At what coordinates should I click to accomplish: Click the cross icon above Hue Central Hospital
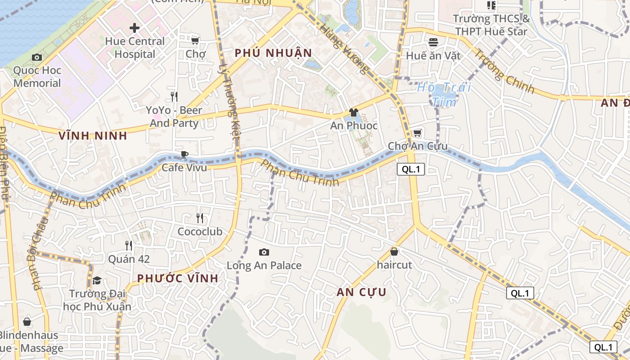pyautogui.click(x=134, y=28)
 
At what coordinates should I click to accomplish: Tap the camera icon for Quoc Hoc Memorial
pyautogui.click(x=37, y=57)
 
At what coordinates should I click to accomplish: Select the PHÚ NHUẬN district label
pyautogui.click(x=273, y=53)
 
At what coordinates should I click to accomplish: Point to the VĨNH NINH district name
pyautogui.click(x=93, y=135)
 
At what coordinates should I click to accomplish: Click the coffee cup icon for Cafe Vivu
pyautogui.click(x=184, y=155)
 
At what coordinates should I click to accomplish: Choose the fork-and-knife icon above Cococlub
pyautogui.click(x=200, y=218)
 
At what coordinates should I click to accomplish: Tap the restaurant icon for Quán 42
pyautogui.click(x=129, y=246)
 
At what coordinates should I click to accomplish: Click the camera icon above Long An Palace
pyautogui.click(x=264, y=252)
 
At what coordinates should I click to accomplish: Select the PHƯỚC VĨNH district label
pyautogui.click(x=178, y=278)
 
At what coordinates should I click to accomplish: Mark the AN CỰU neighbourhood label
pyautogui.click(x=361, y=292)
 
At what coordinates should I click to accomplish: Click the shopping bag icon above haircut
pyautogui.click(x=394, y=252)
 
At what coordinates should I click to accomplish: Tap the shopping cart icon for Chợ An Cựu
pyautogui.click(x=417, y=133)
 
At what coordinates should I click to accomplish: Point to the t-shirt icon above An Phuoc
pyautogui.click(x=354, y=112)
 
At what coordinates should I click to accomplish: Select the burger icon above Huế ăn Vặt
pyautogui.click(x=433, y=42)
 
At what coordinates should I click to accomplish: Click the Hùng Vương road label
pyautogui.click(x=344, y=49)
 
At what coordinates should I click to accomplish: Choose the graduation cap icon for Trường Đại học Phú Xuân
pyautogui.click(x=97, y=281)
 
